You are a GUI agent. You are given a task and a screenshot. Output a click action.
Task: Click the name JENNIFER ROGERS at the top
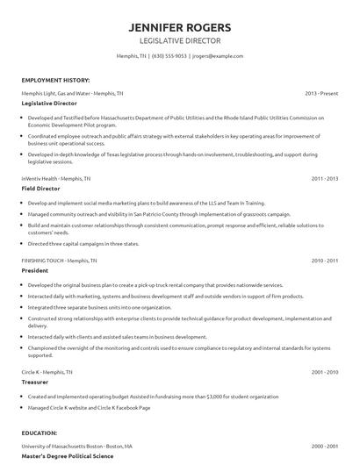[x=180, y=25]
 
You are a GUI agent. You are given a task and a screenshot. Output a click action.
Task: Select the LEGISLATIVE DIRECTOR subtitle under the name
[x=180, y=40]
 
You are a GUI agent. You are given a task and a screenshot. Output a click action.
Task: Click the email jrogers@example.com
[x=217, y=55]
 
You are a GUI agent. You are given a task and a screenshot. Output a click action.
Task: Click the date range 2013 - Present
[x=321, y=92]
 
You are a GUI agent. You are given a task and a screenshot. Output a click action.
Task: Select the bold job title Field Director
[x=42, y=188]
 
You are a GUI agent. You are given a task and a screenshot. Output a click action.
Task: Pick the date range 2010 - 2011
[x=325, y=261]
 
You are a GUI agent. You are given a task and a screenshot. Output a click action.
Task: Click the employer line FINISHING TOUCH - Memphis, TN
[x=61, y=261]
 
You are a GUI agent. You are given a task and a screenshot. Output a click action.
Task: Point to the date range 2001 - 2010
[x=325, y=372]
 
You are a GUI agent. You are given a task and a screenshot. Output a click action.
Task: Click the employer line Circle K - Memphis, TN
[x=49, y=372]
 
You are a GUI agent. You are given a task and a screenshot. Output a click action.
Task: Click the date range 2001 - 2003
[x=325, y=445]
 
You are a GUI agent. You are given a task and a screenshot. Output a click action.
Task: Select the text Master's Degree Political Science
[x=68, y=456]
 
